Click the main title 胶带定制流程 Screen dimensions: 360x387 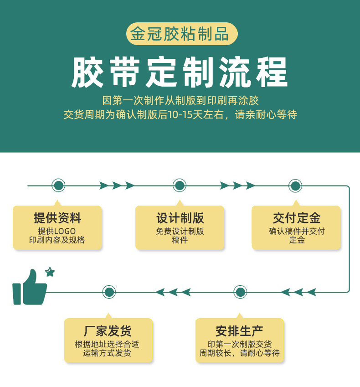180,72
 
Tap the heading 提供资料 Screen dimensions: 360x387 57,218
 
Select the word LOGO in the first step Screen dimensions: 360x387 65,231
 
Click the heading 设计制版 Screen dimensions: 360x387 180,218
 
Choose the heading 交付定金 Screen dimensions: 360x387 297,218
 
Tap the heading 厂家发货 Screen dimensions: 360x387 108,331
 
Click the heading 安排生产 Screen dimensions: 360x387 239,331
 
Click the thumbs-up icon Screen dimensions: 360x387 29,288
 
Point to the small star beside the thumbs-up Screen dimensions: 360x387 50,272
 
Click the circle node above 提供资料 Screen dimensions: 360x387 58,186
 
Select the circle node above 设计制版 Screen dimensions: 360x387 180,186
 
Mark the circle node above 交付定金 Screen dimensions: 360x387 295,186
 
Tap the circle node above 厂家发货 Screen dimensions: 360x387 109,292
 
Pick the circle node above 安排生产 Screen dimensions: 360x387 240,292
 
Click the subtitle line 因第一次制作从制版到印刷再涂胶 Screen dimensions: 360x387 180,100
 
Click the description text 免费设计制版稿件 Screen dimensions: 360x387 180,236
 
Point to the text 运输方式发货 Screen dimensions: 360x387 107,353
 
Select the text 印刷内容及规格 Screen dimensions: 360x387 57,240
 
